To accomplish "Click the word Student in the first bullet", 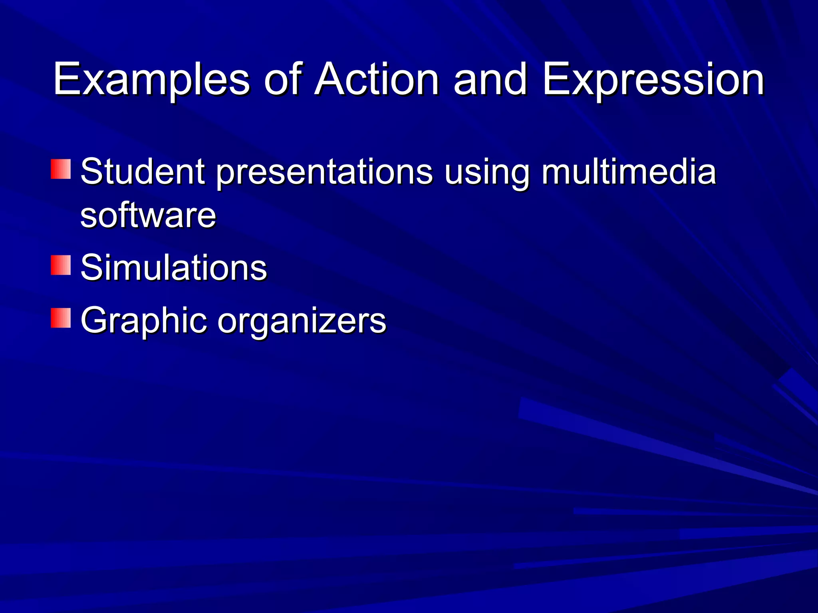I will pos(143,172).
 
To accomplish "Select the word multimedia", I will pos(629,172).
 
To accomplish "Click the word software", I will pos(148,216).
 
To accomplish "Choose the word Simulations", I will pos(173,267).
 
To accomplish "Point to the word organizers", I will pos(302,321).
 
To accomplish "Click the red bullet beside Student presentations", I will pos(61,169).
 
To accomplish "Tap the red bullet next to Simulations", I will pos(61,265).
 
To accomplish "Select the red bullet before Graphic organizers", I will pos(61,318).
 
